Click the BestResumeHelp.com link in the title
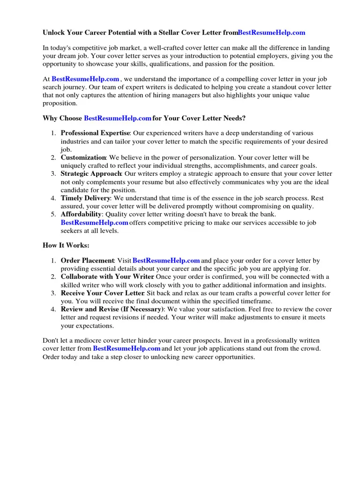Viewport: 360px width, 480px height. point(271,33)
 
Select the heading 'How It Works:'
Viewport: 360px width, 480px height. point(66,245)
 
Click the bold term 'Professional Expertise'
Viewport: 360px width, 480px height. point(95,133)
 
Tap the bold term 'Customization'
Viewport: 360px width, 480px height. point(83,157)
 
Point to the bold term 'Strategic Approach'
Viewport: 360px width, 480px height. point(91,174)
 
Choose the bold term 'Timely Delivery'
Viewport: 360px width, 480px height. point(85,198)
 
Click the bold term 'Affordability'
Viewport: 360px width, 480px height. point(81,214)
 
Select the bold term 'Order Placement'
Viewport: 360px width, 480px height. point(88,260)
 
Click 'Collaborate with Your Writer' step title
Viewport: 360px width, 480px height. point(107,277)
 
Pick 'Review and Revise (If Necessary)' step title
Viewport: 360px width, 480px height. point(112,309)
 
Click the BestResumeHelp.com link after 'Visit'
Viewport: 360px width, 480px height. point(166,260)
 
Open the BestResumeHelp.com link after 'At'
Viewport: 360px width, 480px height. point(85,79)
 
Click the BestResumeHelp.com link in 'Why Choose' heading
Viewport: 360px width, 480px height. point(118,118)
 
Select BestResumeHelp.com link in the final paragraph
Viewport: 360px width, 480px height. point(127,349)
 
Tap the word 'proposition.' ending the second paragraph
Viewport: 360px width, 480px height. point(60,103)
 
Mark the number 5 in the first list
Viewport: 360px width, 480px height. point(53,214)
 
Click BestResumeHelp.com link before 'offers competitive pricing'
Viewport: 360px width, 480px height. point(95,222)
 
